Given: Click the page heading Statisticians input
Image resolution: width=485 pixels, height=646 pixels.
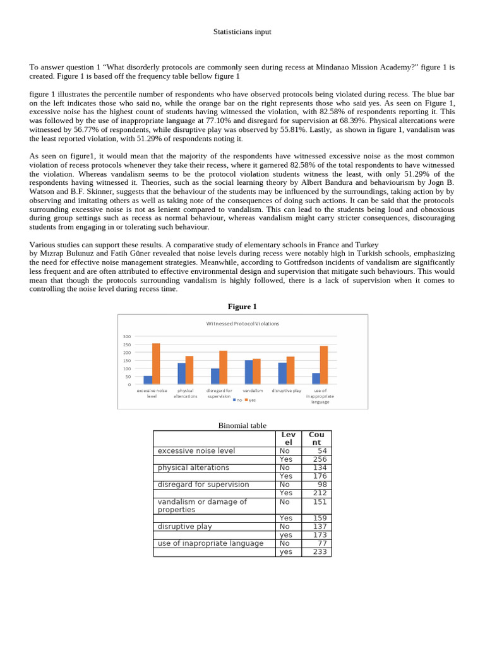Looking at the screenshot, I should (242, 32).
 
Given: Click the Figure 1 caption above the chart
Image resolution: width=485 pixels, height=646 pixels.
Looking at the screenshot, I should (242, 307).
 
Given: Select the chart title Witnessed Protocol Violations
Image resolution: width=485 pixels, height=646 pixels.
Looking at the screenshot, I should (242, 323).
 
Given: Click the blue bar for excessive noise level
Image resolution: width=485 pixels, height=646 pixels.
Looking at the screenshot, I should (148, 380).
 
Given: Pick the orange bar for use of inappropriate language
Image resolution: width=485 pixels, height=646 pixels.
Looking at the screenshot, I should (324, 365).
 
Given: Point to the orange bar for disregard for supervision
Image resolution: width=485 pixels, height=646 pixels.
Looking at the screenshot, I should (223, 367).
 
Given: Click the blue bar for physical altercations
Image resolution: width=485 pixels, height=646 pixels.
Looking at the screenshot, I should (181, 373).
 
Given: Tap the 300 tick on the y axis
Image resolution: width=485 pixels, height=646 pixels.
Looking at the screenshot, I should (127, 337).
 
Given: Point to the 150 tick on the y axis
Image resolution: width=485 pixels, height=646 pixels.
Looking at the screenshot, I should (127, 360).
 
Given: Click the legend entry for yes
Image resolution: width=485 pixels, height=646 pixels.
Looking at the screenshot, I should (250, 400).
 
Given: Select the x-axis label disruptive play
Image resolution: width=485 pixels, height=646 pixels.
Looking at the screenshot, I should (286, 391).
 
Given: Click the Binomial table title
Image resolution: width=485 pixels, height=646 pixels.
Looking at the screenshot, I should (242, 426).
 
